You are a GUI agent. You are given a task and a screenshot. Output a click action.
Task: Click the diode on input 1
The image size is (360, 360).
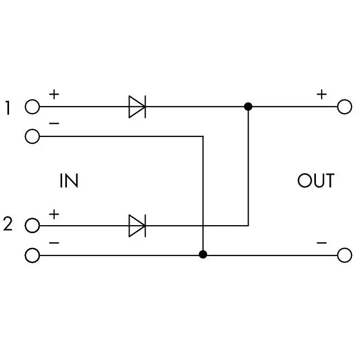point(138,107)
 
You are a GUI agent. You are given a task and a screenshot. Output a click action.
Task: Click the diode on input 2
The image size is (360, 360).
point(138,226)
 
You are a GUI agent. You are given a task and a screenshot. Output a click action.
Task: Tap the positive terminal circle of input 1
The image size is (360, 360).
point(32,107)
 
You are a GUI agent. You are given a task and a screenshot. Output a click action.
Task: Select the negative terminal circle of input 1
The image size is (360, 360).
point(32,136)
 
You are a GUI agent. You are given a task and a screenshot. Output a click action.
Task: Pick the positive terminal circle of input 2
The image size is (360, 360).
point(32,226)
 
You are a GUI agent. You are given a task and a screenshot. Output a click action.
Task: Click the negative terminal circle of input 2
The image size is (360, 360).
point(32,255)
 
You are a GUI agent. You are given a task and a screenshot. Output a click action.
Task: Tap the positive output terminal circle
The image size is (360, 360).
point(345,107)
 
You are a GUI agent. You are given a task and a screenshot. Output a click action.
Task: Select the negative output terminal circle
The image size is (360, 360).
point(345,255)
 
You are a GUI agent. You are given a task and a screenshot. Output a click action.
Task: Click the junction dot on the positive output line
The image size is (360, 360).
point(248,107)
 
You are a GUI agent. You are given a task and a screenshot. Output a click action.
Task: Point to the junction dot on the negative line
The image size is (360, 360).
point(203,254)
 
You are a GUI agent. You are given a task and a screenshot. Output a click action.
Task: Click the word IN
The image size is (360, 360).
point(69,181)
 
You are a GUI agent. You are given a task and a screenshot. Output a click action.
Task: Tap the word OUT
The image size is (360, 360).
point(316,181)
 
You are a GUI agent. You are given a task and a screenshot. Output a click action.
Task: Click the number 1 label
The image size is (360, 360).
point(8,108)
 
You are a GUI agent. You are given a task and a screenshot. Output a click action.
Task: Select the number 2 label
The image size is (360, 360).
point(8,224)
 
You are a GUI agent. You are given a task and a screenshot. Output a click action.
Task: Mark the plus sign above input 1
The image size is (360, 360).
point(54,95)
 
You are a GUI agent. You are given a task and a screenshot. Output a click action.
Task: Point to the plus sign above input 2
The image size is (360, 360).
point(54,215)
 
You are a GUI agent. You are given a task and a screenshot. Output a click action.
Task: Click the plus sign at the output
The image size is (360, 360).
point(322,95)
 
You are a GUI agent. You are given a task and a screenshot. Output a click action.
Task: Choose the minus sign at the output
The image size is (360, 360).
point(322,243)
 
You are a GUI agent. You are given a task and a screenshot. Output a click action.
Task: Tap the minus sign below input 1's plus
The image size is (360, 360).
point(54,124)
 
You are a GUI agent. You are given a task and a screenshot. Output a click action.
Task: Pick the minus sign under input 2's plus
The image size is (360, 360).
point(54,243)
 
